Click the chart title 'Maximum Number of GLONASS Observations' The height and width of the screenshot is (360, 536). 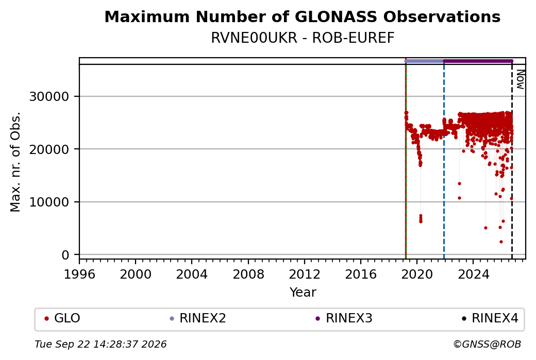click(302, 16)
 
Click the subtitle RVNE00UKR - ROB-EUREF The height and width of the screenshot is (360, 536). click(303, 38)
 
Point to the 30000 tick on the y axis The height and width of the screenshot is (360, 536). click(49, 97)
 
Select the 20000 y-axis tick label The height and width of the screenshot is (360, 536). click(49, 149)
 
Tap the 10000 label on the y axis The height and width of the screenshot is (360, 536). click(49, 202)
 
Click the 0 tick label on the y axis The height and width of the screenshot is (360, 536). click(65, 255)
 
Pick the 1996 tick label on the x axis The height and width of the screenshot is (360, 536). click(79, 275)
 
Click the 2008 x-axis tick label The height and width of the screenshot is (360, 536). click(248, 275)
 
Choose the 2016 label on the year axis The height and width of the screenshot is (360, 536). click(361, 275)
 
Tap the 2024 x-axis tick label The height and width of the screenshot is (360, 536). click(473, 275)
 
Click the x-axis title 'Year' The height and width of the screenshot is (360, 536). click(303, 293)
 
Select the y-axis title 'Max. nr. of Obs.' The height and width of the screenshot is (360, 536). click(15, 162)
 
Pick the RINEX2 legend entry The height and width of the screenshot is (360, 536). click(198, 318)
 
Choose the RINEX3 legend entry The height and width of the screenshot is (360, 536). click(344, 318)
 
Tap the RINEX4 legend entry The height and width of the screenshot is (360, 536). click(490, 318)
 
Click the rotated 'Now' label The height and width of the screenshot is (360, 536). click(520, 79)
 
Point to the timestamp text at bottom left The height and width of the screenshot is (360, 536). click(101, 344)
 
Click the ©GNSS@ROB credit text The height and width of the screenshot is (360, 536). click(487, 344)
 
